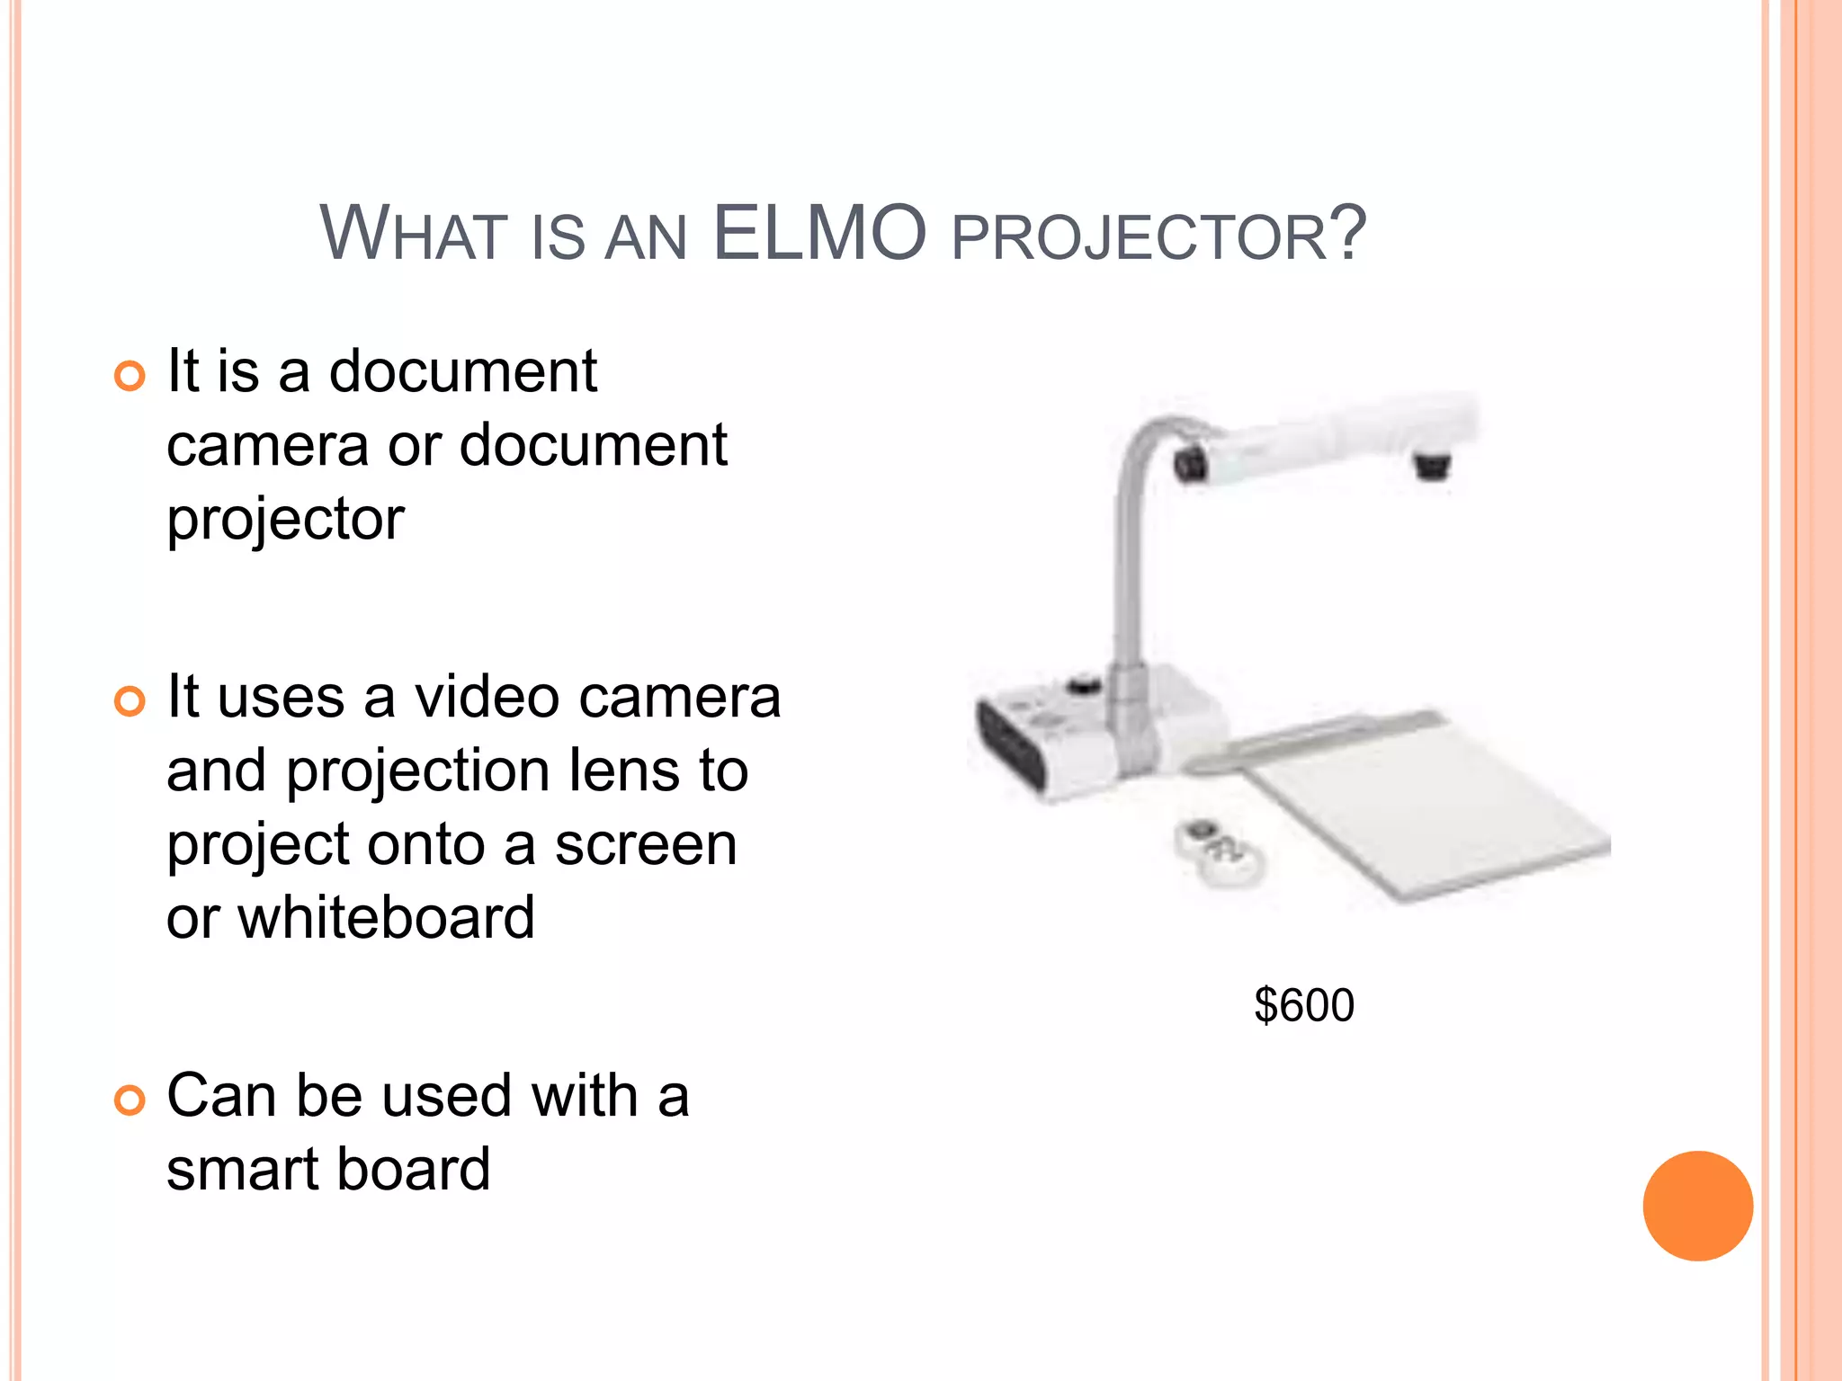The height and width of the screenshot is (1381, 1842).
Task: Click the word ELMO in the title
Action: [x=818, y=234]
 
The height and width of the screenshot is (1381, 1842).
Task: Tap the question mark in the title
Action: [x=1348, y=234]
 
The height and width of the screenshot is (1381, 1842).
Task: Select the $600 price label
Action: [x=1304, y=1005]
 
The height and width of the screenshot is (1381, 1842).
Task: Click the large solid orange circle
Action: [x=1697, y=1206]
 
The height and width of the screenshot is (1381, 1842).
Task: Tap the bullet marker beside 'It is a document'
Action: [x=130, y=376]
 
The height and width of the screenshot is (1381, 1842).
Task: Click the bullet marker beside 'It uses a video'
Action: [x=130, y=700]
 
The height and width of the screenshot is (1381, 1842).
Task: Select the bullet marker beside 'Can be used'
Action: [x=130, y=1100]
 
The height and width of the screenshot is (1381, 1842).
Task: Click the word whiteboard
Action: [x=387, y=918]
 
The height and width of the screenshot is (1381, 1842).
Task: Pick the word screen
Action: [x=645, y=845]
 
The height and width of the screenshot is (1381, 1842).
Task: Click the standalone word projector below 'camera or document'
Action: [x=285, y=521]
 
